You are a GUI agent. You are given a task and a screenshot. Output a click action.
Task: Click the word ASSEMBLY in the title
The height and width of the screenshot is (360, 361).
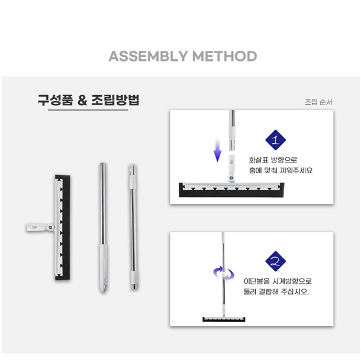click(x=149, y=56)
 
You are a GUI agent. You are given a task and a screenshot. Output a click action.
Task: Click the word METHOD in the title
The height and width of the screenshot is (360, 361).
click(x=224, y=56)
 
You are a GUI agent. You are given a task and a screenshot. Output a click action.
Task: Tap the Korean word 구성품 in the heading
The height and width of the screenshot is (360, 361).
click(x=55, y=100)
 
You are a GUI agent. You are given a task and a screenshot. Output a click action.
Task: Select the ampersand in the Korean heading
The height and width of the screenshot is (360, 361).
click(x=82, y=100)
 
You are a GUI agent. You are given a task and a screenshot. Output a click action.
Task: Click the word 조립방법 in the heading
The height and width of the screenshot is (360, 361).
click(x=115, y=100)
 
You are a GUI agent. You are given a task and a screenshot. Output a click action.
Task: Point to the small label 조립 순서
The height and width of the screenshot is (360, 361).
click(x=318, y=102)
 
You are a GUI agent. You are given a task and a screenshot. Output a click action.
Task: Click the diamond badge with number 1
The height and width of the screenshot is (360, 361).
click(x=275, y=140)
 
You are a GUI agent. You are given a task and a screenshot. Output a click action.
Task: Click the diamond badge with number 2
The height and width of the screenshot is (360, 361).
click(x=275, y=261)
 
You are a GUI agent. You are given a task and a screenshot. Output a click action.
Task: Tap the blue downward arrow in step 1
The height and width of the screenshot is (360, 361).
click(x=217, y=150)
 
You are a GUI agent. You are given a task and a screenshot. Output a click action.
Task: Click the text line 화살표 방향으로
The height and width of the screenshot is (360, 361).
click(x=273, y=160)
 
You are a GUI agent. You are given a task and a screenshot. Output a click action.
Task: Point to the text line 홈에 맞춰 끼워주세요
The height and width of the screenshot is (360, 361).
click(x=281, y=170)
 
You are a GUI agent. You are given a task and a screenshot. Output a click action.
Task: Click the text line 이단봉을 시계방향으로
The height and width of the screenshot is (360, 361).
click(x=278, y=281)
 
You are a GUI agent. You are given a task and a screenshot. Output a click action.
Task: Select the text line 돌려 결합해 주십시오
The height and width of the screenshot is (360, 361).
click(x=276, y=291)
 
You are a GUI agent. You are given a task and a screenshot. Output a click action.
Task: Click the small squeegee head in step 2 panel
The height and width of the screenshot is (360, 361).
click(x=224, y=319)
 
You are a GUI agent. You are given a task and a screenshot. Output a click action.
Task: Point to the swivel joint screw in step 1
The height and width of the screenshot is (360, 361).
click(x=231, y=177)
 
